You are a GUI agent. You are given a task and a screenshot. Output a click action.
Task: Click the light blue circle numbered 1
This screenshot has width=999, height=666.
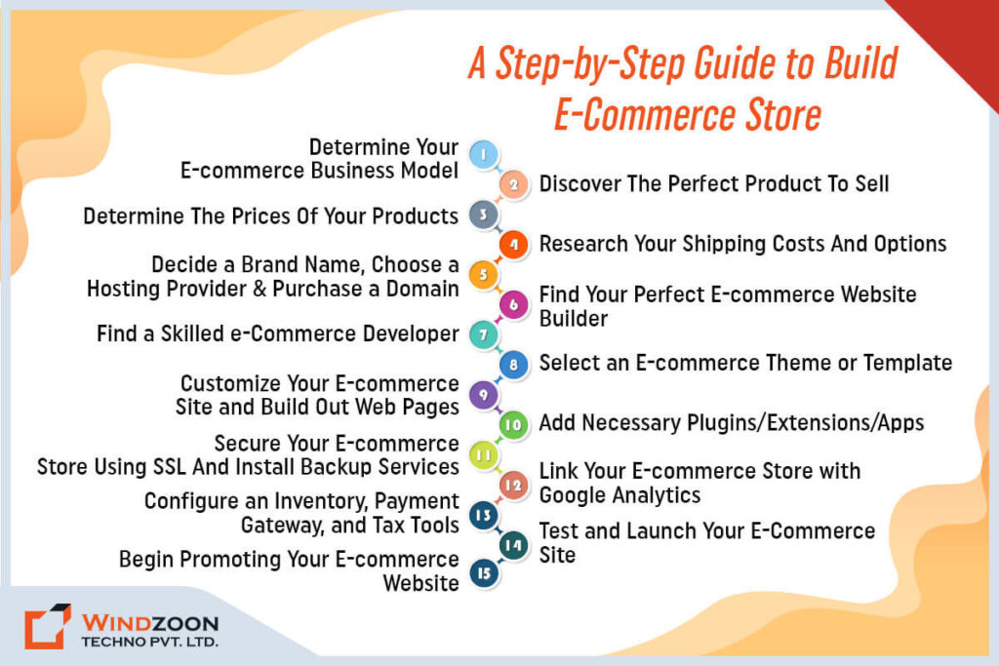coord(484,155)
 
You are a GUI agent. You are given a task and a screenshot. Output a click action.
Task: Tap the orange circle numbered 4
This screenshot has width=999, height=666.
coord(513,245)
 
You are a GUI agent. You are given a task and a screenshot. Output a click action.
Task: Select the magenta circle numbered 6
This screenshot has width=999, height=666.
coord(513,304)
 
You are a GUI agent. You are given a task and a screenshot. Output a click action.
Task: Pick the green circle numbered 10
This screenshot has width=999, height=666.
coord(513,425)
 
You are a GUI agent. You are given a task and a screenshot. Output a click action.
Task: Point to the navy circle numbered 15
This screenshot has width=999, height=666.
coord(484,573)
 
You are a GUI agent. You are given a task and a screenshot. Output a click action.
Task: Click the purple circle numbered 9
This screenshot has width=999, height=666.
coord(484,395)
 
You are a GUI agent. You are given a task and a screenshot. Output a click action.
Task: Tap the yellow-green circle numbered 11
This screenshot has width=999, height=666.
coord(484,454)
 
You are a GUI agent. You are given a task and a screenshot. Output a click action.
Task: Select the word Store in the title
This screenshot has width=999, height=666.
coord(783,115)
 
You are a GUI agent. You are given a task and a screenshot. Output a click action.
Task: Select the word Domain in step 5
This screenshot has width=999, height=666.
coord(422,289)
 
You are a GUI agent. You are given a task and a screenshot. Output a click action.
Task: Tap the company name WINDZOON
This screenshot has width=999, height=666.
coord(150,623)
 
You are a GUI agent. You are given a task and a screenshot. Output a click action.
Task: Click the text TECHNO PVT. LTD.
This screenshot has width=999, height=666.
coord(149,642)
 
